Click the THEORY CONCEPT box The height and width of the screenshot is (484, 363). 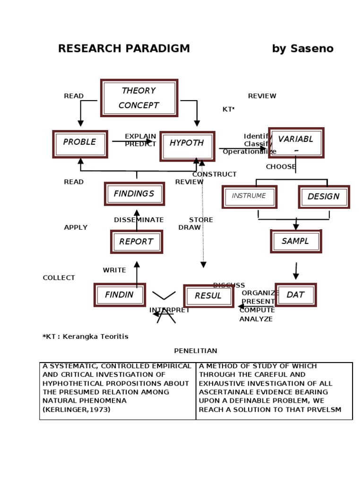(x=139, y=98)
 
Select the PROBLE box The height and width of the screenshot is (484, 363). (x=80, y=144)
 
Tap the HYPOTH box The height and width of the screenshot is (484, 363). (x=187, y=146)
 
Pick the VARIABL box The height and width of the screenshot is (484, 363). (x=296, y=142)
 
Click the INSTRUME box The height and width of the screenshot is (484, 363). (x=249, y=197)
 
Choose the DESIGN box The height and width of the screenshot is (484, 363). (x=324, y=197)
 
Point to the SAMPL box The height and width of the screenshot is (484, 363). (x=296, y=241)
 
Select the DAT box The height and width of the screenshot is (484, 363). (x=295, y=294)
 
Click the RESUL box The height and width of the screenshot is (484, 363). (x=208, y=296)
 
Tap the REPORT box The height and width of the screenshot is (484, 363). (x=136, y=242)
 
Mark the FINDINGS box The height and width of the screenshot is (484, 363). (x=134, y=194)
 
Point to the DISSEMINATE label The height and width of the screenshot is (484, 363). (x=138, y=220)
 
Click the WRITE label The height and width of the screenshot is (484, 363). (x=114, y=270)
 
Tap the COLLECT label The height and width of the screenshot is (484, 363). (x=59, y=278)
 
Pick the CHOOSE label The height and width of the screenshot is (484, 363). (x=281, y=167)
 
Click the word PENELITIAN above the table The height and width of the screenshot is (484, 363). (x=196, y=351)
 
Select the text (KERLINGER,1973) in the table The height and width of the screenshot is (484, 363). (x=77, y=410)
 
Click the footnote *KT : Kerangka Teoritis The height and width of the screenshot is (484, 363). (x=86, y=337)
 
